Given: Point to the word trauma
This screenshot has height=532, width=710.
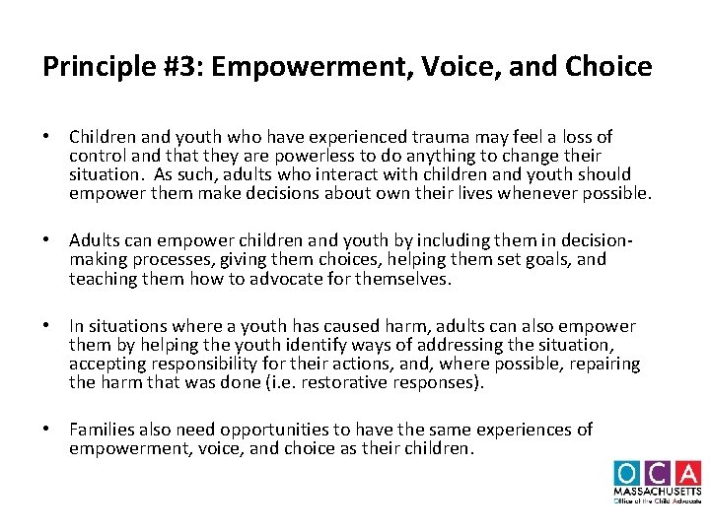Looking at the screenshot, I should pyautogui.click(x=441, y=137).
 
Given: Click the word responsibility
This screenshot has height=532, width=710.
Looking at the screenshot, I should pyautogui.click(x=203, y=364).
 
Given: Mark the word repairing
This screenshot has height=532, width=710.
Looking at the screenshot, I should pyautogui.click(x=603, y=364).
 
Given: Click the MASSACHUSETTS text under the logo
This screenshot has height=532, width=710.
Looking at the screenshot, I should pyautogui.click(x=656, y=492).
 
